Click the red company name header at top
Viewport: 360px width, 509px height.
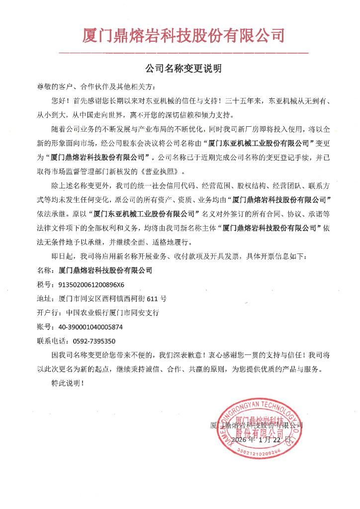[183, 36]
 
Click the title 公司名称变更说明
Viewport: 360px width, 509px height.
[183, 69]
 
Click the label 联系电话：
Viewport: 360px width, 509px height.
[55, 341]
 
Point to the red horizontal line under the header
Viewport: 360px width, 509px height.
[183, 52]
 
